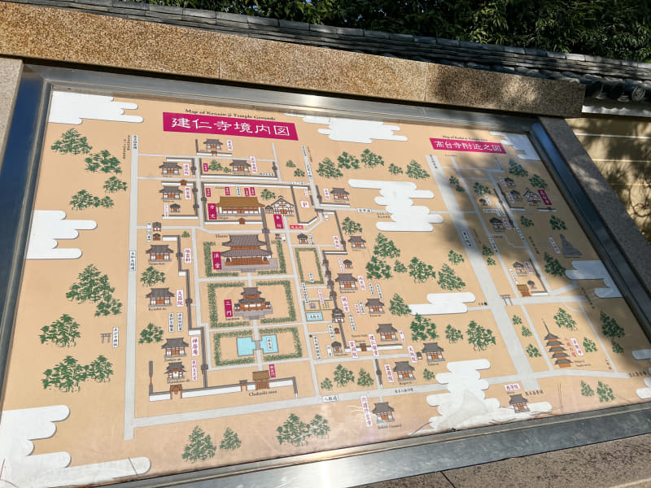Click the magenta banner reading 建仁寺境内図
click(x=229, y=124)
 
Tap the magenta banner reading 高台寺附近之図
click(x=467, y=145)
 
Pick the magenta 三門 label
click(x=228, y=307)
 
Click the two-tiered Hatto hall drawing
click(x=245, y=250)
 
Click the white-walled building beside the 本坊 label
click(x=280, y=206)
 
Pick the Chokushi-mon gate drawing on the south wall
click(x=260, y=379)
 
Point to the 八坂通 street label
click(x=330, y=398)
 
